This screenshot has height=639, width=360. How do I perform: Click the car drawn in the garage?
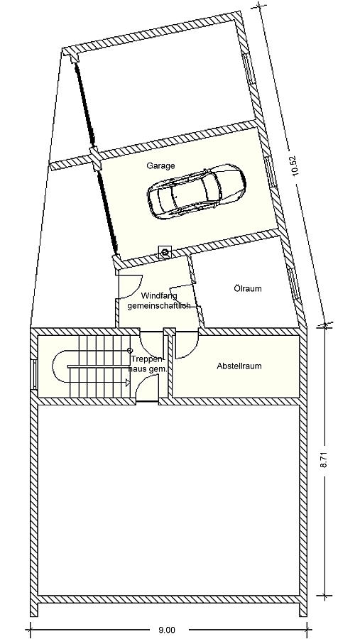pos(195,191)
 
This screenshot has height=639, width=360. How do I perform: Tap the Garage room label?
pos(160,165)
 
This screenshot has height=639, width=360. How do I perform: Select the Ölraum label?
pos(248,288)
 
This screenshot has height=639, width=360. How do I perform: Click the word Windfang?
pos(158,295)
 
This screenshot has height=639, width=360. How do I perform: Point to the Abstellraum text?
pos(239,366)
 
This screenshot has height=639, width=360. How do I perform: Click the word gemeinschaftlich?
pos(158,305)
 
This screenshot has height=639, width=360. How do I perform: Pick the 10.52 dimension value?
pos(292,165)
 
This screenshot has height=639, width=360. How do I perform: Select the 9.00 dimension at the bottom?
pos(167,629)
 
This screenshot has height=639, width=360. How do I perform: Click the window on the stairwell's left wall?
pos(33,374)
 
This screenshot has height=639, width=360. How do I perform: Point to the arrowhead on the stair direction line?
pos(128,382)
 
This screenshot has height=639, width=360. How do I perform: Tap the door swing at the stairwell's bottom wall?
pos(147,388)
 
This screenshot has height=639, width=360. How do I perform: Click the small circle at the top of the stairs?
pos(129,351)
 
